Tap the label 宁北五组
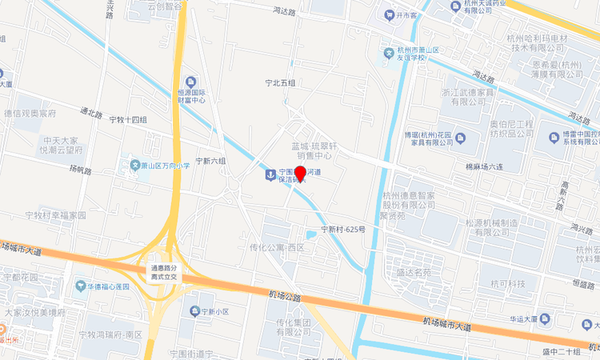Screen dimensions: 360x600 click(x=281, y=82)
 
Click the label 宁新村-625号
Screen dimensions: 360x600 click(x=343, y=229)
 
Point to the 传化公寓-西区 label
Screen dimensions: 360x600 click(x=278, y=248)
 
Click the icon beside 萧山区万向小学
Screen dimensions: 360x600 click(x=134, y=166)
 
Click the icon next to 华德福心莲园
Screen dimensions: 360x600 click(x=80, y=286)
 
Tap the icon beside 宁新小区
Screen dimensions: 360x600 click(x=194, y=310)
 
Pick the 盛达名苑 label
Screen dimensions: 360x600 click(x=414, y=272)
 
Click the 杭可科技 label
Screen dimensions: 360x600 click(x=508, y=284)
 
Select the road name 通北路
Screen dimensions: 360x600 click(x=91, y=114)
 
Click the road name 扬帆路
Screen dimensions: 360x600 click(x=81, y=170)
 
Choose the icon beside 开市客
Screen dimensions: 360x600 click(x=389, y=14)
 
